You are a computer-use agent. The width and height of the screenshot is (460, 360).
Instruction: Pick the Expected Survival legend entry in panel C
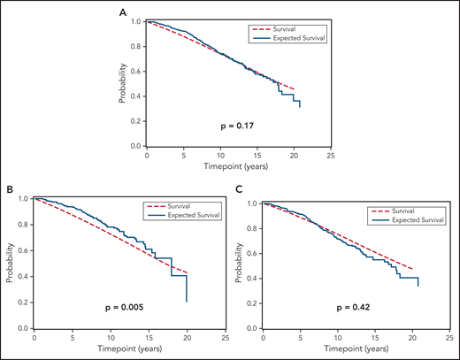(x=416, y=214)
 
